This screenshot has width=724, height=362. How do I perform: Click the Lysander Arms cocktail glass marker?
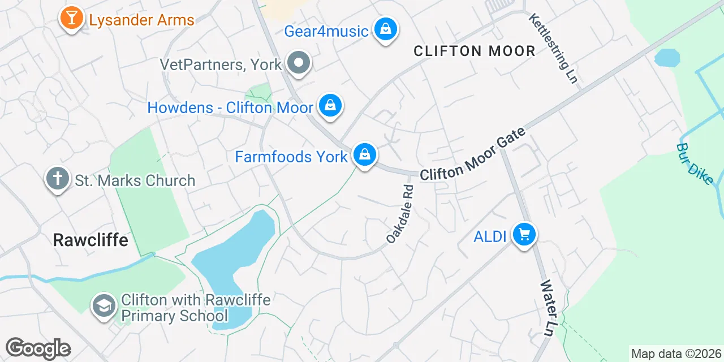coord(71,18)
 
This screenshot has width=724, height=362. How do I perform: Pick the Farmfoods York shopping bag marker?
coord(365,154)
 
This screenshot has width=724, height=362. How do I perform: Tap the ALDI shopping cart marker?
coord(524,234)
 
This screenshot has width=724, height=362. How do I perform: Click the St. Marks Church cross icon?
coord(57,179)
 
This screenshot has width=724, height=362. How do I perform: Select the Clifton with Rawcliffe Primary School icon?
coord(104,306)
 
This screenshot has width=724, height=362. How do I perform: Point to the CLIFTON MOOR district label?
coord(474,51)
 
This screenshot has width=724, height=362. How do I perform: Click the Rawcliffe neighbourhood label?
coord(90,240)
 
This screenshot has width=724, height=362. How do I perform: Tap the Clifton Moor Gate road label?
coord(473,154)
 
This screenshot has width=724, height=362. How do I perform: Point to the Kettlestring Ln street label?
coord(553,49)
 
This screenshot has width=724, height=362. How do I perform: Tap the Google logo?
coord(38,348)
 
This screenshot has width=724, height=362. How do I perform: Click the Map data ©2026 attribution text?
coord(676,354)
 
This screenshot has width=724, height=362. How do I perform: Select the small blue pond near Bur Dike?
coord(667,58)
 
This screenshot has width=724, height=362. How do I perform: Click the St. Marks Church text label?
coord(135,180)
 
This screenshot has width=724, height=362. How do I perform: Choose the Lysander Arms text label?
coord(141,20)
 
